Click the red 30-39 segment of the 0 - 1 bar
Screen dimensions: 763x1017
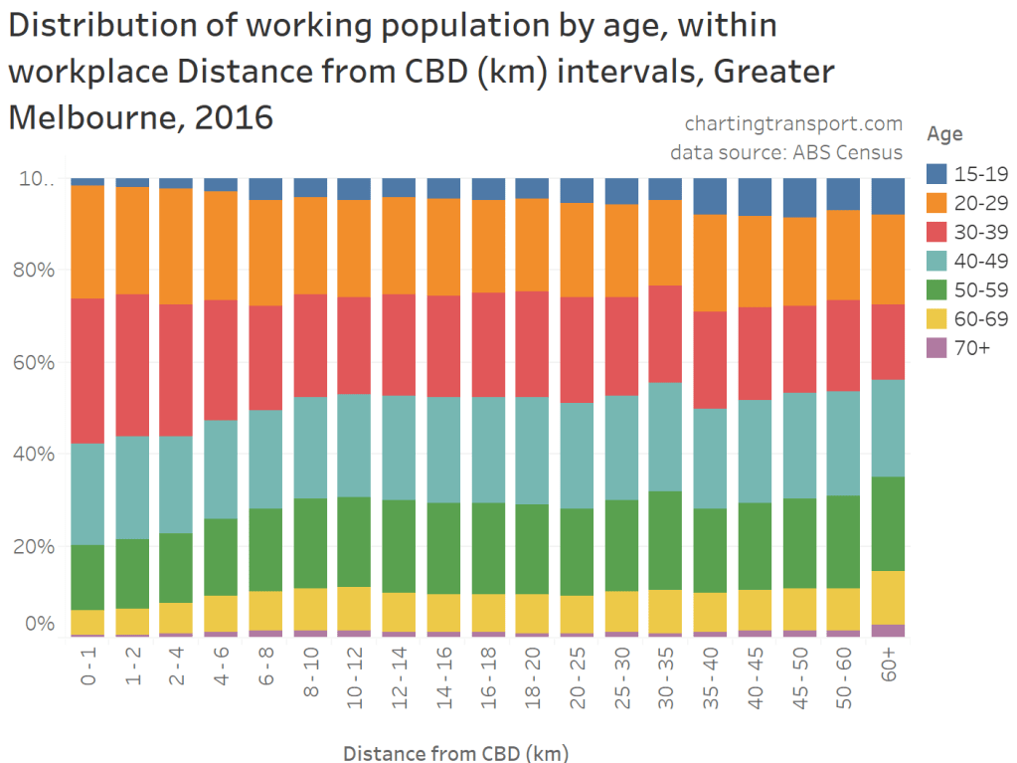tap(87, 370)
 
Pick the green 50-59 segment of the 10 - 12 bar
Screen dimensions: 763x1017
tap(354, 541)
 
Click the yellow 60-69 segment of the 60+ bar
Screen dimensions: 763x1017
tap(888, 597)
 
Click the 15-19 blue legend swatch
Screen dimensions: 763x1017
tap(938, 174)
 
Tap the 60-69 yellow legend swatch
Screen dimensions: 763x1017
tap(938, 318)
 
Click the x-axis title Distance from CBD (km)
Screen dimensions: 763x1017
tap(456, 752)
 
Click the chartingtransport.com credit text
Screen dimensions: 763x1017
tap(793, 124)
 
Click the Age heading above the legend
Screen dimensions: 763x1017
tap(943, 133)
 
